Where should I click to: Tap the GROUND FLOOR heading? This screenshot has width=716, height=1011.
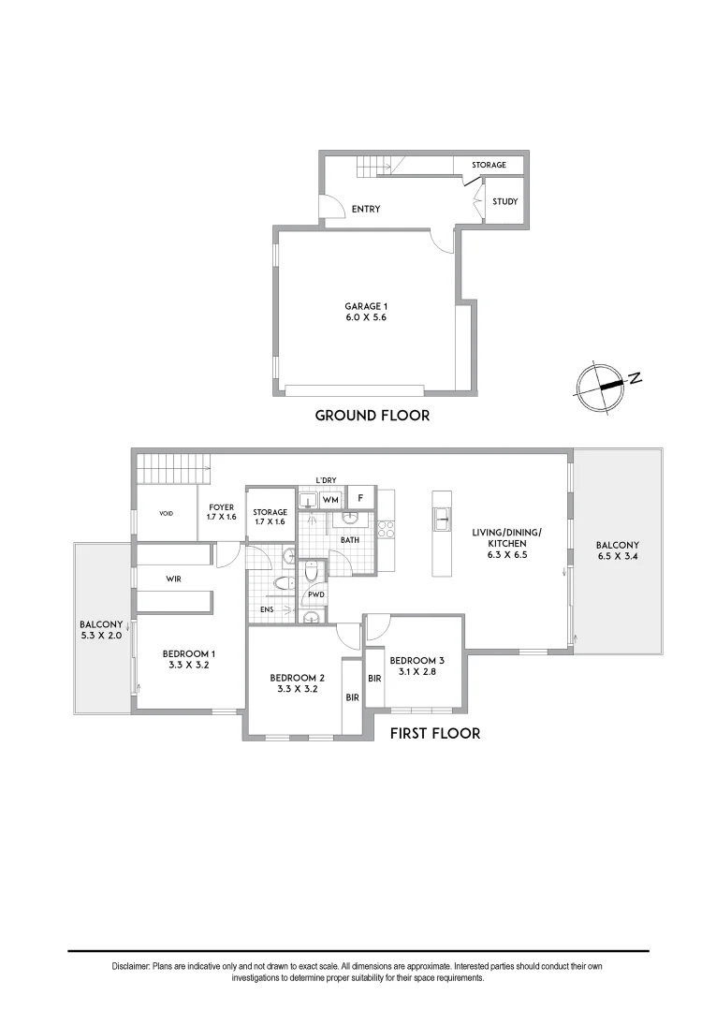372,416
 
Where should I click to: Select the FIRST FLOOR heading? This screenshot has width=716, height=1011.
434,733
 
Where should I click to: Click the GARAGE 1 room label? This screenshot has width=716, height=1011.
365,312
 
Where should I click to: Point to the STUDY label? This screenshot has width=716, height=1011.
504,201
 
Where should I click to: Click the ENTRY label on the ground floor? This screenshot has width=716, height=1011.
365,209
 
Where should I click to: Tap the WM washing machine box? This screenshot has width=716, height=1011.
329,500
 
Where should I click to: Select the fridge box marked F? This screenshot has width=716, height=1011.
360,498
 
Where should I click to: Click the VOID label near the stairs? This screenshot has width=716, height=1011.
167,513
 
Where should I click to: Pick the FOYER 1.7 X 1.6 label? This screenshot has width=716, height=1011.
223,512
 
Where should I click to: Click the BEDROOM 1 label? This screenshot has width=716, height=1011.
189,659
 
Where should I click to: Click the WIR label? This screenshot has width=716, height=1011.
173,579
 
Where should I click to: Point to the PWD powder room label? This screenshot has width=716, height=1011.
315,594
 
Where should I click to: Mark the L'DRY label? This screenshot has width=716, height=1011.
326,480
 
